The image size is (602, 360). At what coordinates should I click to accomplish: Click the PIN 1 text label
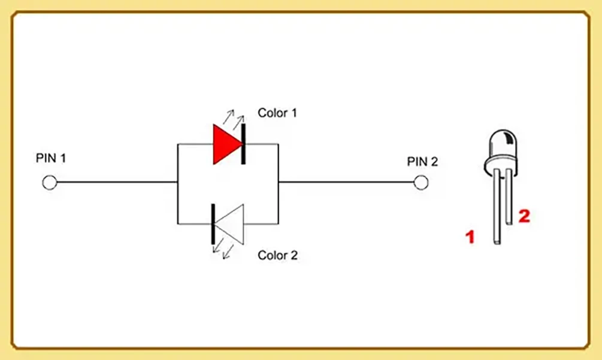click(x=51, y=158)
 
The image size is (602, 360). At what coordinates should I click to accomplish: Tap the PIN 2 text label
click(x=422, y=162)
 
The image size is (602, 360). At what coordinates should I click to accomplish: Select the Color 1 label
click(x=277, y=113)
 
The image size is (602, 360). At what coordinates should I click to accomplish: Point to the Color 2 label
click(x=277, y=255)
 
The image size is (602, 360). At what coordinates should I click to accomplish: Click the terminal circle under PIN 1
click(x=50, y=183)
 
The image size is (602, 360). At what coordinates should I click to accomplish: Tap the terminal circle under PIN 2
click(x=421, y=183)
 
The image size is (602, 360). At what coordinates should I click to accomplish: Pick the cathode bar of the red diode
click(x=243, y=144)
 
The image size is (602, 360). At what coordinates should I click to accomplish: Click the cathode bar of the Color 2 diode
click(x=213, y=224)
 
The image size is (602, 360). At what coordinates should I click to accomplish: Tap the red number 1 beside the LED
click(x=470, y=237)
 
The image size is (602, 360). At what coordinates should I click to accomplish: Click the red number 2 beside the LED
click(x=524, y=216)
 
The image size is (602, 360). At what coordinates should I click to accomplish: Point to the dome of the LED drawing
click(x=503, y=144)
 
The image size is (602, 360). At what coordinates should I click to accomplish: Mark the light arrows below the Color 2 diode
click(x=223, y=249)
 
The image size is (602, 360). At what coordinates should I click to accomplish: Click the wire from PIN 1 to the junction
click(x=117, y=182)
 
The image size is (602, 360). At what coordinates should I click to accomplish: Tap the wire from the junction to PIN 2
click(x=346, y=182)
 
